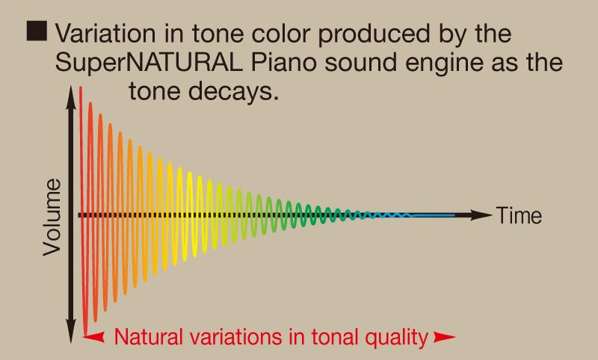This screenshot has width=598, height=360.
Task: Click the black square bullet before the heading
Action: point(37,31)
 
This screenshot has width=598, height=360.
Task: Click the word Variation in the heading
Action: point(105,34)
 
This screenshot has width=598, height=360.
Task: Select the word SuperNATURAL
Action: point(149,63)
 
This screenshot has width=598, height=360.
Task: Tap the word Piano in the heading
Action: point(284,63)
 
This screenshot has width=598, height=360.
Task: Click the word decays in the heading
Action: point(233,92)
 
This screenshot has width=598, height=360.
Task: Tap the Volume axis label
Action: point(52,217)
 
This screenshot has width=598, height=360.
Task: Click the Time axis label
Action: point(519,216)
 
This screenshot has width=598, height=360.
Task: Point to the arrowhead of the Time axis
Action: point(481,215)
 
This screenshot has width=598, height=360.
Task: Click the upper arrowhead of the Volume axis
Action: point(71,98)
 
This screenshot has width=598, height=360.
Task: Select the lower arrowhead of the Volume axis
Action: point(71,332)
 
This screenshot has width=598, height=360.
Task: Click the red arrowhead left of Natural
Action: point(94,337)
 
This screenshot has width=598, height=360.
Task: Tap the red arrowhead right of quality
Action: point(445,337)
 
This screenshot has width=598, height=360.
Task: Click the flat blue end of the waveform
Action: point(434,216)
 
